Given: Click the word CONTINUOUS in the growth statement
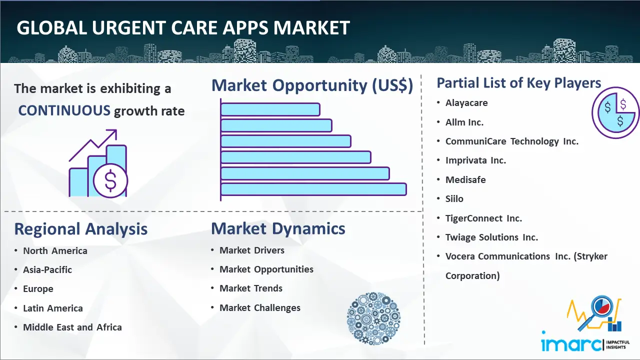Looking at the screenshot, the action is point(64,110).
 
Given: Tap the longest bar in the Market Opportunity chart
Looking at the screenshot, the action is point(313,189).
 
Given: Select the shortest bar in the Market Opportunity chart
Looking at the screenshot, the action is point(270,109).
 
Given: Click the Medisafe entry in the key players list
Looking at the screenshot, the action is point(465,179).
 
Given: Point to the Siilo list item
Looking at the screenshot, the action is point(454,199).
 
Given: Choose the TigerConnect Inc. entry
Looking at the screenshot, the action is point(483,218).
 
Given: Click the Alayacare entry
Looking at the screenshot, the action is point(466,103).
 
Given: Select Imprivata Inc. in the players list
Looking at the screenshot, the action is point(475,160).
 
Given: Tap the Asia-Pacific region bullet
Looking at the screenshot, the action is point(47,269).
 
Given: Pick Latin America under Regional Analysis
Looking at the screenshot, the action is point(53,308).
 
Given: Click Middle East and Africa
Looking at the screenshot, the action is point(72,327).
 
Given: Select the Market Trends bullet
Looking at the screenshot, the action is point(251,288).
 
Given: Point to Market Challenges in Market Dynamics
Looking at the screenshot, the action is point(260,307).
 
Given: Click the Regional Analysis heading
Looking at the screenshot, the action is point(81,229).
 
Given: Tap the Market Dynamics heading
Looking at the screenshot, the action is point(278,228).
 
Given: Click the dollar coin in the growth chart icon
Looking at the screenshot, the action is point(110,180).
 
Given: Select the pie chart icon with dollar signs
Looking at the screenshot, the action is point(615,112).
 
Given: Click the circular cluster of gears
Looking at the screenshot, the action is point(373,318).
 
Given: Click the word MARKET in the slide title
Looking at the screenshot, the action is point(311,27).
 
